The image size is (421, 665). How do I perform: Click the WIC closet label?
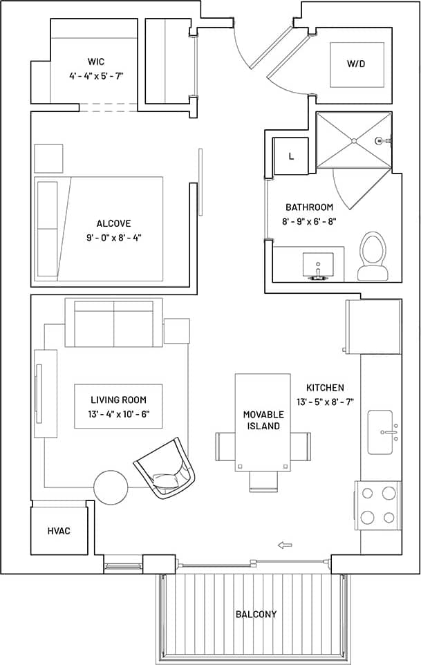coord(96,62)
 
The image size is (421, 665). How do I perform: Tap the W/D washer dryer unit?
coord(356,64)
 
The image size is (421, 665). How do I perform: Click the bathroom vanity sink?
coord(318,265)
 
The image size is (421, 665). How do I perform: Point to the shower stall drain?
coord(354,140)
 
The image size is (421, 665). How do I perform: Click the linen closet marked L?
coord(290,156)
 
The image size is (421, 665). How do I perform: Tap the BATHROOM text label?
coord(309,207)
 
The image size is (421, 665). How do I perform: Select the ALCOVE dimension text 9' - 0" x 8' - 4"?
coord(114,238)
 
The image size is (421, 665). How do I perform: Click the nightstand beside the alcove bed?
coord(48,158)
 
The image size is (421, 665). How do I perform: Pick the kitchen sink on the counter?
coord(380,432)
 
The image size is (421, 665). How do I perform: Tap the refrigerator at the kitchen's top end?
coord(374,327)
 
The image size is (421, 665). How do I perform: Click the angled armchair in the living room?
coord(165,468)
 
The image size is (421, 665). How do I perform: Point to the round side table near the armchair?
coord(111,487)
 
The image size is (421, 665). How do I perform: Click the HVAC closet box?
coord(59,531)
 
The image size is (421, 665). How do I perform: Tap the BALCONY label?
coord(256,614)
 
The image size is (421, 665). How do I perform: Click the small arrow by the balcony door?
coord(284,545)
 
